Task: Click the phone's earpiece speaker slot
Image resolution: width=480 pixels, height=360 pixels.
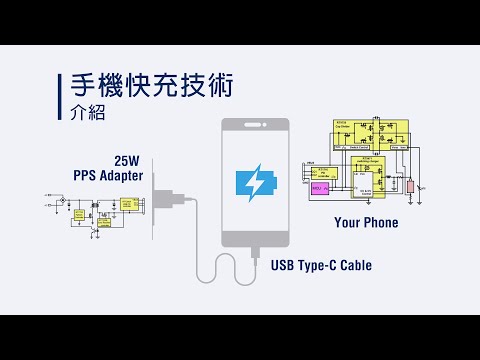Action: point(255,126)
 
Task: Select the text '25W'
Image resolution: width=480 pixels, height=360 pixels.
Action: point(126,160)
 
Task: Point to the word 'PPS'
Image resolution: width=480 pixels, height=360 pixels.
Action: point(84,175)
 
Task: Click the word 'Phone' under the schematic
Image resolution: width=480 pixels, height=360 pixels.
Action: point(382,223)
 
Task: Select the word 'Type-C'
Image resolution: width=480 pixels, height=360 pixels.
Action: point(321,265)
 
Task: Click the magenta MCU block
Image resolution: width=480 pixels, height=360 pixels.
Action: point(319,187)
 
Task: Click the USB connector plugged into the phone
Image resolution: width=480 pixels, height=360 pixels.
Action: point(255,255)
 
